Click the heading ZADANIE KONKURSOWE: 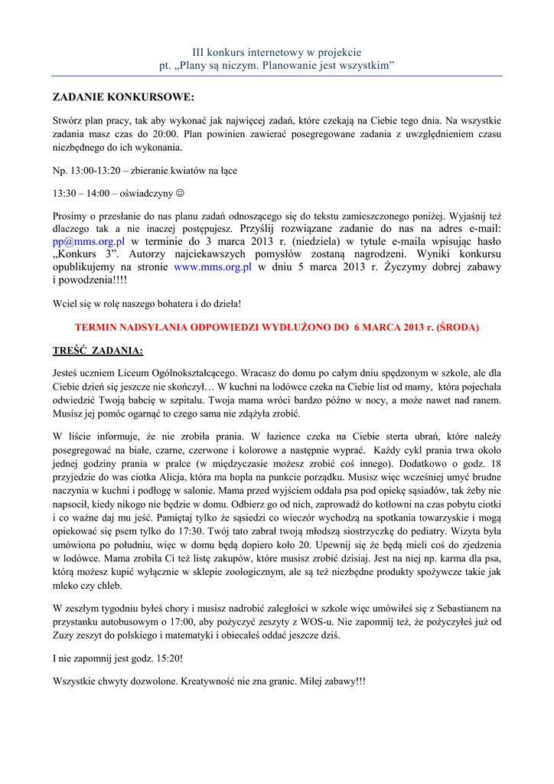click(x=123, y=97)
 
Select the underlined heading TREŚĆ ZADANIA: click(x=98, y=351)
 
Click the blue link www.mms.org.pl click(x=213, y=267)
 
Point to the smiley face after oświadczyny click(x=180, y=194)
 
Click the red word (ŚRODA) click(x=457, y=327)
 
